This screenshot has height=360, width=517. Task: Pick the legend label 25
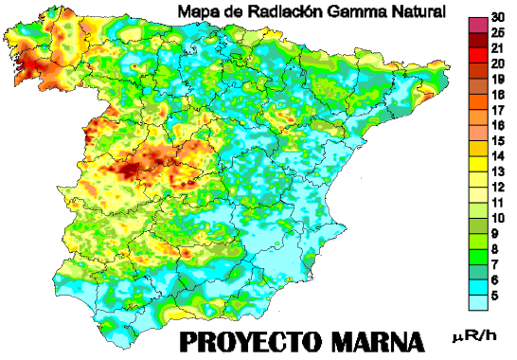[x=497, y=33]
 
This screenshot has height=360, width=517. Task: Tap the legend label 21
[x=497, y=47]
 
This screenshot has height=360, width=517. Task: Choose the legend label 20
[x=497, y=63]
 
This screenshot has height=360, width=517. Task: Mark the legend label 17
[x=497, y=110]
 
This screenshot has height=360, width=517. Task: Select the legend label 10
[x=497, y=217]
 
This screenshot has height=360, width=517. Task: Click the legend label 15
[x=497, y=140]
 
